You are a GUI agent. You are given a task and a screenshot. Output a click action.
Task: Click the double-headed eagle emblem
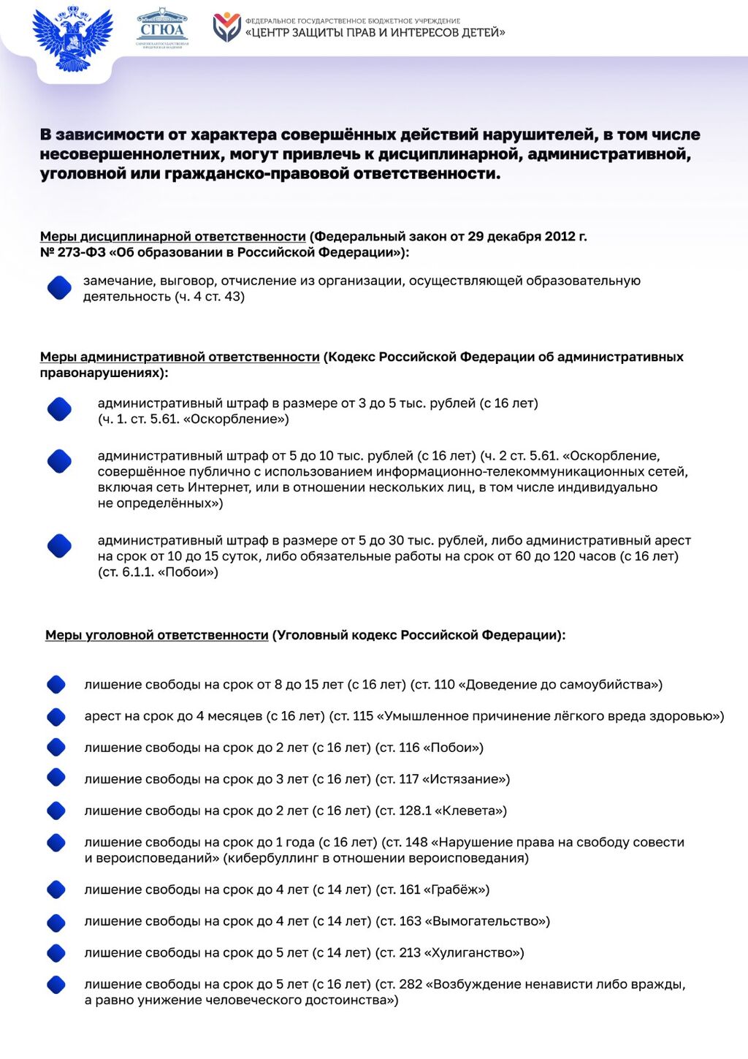(x=72, y=38)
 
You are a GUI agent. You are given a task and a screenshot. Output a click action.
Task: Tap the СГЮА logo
(x=162, y=29)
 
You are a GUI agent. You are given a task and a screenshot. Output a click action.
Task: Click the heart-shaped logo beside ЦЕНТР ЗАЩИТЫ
(x=226, y=28)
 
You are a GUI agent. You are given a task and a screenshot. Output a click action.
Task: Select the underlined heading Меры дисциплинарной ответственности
(x=172, y=237)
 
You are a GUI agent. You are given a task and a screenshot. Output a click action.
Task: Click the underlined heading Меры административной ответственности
(x=180, y=357)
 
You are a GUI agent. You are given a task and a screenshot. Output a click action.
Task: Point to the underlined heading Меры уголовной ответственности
(x=157, y=636)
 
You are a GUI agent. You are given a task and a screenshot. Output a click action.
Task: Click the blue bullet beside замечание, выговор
(x=59, y=288)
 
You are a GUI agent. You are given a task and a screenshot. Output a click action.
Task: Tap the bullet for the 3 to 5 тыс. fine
(x=59, y=409)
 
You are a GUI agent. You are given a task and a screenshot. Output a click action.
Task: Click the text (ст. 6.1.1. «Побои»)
(x=158, y=572)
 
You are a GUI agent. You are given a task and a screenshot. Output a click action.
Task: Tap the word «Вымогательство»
(x=486, y=922)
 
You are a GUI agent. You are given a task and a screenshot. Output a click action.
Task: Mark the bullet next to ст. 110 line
(x=56, y=685)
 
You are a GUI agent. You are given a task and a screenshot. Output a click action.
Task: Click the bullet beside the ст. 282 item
(x=56, y=985)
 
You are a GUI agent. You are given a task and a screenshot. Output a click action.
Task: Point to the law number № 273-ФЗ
(x=72, y=253)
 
